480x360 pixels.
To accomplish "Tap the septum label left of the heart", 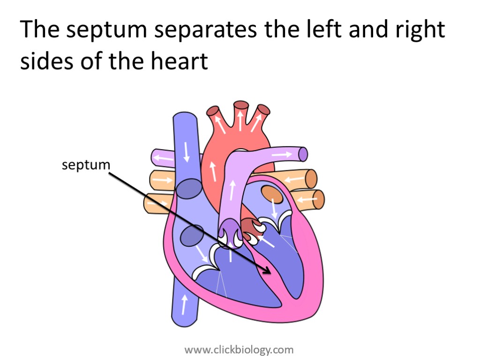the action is tap(86, 165).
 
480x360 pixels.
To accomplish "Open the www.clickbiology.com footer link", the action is tap(239, 350).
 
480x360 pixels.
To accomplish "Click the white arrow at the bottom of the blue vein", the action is tap(184, 304).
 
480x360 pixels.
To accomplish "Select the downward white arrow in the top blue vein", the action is tap(187, 151).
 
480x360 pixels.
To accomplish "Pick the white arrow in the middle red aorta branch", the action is tap(240, 120).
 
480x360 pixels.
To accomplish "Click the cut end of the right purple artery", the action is tap(303, 154).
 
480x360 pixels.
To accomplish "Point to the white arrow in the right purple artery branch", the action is tap(281, 154).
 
